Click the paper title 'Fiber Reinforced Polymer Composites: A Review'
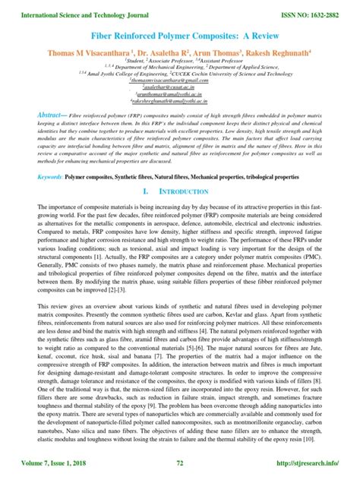tap(180, 35)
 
